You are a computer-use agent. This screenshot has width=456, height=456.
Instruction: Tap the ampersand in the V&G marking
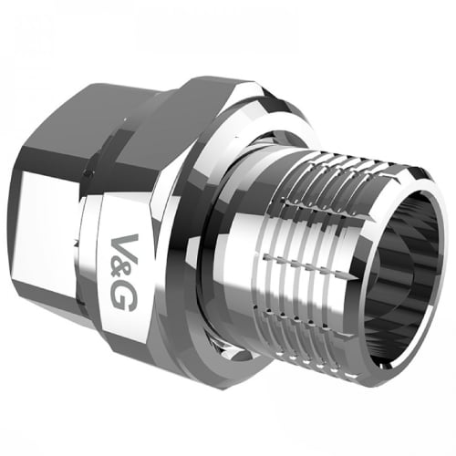coord(124,271)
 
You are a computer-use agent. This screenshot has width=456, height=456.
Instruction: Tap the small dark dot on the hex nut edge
coord(88,174)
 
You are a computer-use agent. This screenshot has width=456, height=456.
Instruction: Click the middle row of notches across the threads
coord(308,264)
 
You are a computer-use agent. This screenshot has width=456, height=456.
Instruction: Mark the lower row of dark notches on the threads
coord(298,319)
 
